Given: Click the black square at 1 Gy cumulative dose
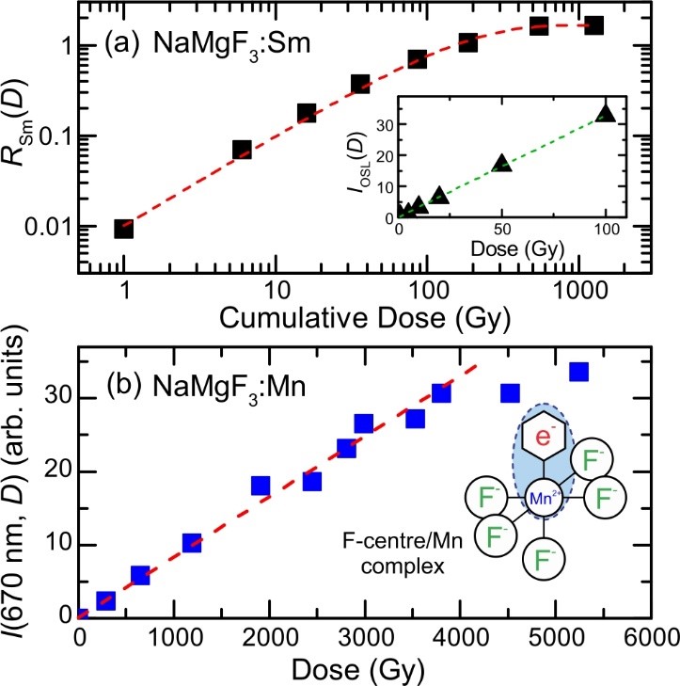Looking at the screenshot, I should click(123, 228).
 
